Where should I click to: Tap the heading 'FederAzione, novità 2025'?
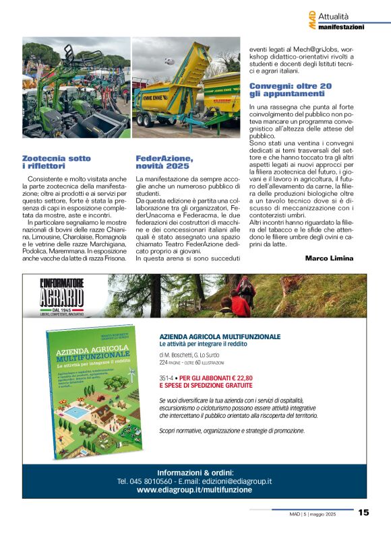164,162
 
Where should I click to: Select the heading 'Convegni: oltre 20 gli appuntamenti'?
291,90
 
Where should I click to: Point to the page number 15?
363,513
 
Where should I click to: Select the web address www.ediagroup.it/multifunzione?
194,490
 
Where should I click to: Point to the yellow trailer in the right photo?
183,88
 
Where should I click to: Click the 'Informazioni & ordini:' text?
194,471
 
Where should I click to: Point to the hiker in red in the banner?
239,304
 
